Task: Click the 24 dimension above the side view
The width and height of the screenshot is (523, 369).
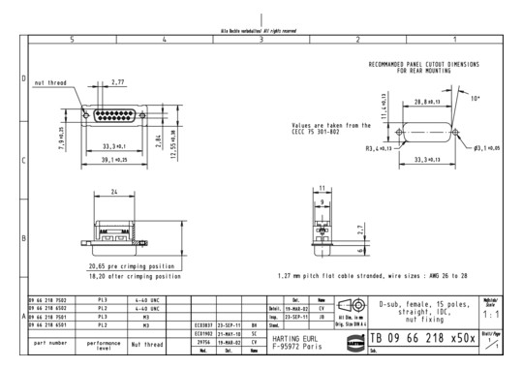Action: (114, 193)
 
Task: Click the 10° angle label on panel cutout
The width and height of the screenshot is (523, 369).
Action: (477, 98)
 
